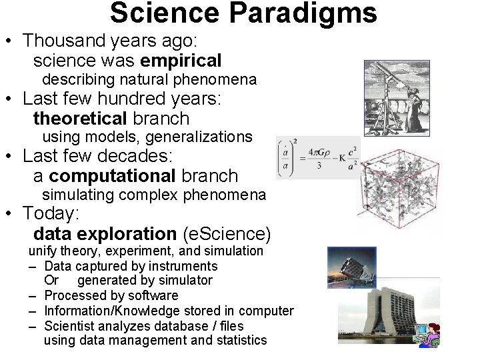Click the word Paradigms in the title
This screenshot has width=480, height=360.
tap(312, 13)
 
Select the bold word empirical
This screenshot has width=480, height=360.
tap(181, 61)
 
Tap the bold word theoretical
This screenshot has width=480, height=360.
tap(80, 119)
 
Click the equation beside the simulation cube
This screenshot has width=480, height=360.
tap(317, 157)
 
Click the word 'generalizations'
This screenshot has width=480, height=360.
tap(199, 137)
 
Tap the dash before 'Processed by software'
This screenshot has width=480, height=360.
tap(32, 295)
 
